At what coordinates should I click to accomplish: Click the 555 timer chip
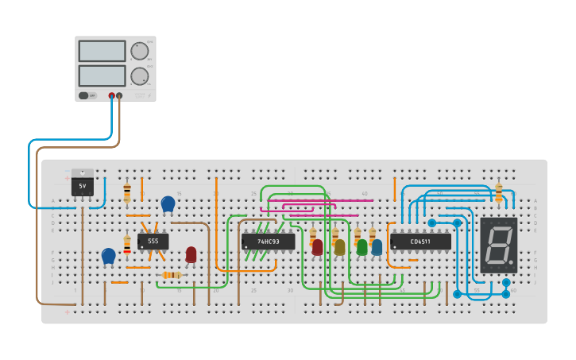153,241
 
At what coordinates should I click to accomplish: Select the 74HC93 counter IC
268,241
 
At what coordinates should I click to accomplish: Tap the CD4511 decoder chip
420,241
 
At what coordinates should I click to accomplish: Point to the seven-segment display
498,245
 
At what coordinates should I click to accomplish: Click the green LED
362,247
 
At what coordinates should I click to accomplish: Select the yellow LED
340,247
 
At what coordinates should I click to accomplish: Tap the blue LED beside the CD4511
377,247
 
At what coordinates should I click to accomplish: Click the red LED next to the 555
191,254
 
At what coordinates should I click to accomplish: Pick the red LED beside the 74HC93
318,247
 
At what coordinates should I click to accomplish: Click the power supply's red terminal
111,95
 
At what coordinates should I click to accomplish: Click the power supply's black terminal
119,95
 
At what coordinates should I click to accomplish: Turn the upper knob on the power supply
140,52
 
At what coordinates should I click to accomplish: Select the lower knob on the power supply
140,76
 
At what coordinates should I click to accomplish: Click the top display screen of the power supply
102,51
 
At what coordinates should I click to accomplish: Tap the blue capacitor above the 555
168,204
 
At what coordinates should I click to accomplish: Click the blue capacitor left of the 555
109,256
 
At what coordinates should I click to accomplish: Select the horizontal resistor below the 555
171,275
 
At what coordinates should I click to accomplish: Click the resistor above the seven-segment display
498,192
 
